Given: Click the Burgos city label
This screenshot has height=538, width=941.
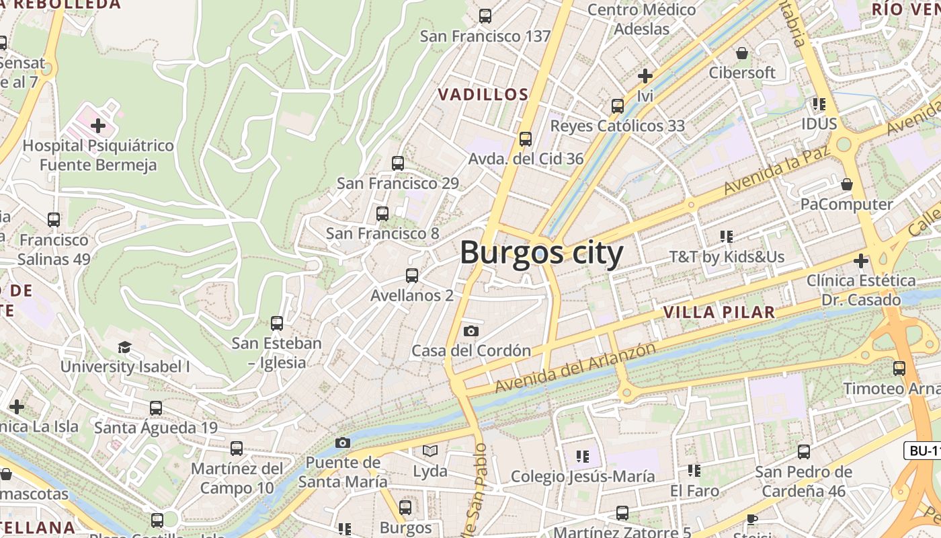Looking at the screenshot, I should (x=542, y=254).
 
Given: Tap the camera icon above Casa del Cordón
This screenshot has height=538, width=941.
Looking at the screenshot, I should (x=471, y=331).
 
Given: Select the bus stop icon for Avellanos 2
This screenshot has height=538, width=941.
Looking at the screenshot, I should (x=412, y=275).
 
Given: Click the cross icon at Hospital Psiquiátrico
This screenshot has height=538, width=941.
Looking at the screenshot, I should (x=98, y=126).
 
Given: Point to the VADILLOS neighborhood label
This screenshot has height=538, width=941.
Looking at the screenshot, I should (x=483, y=95).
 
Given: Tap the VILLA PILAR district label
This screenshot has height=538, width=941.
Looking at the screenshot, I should (x=719, y=312).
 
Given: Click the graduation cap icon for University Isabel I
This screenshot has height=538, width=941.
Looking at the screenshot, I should (x=124, y=347).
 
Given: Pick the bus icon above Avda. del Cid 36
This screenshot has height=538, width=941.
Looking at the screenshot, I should (x=526, y=139).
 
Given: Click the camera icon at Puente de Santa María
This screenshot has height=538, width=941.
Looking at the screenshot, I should (x=343, y=443).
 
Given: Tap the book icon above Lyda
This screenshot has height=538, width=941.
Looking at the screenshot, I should (x=430, y=451).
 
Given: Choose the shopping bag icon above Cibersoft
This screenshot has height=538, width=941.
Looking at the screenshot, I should (x=742, y=53).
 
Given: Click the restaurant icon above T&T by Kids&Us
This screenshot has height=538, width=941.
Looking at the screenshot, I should (x=727, y=237).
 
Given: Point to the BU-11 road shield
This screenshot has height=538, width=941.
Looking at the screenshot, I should (x=924, y=451).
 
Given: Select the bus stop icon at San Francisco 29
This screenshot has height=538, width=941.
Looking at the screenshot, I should (x=398, y=163).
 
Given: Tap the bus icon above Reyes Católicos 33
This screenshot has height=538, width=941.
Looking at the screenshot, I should (x=618, y=106).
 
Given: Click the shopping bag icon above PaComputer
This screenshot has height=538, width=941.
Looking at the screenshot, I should (x=847, y=184).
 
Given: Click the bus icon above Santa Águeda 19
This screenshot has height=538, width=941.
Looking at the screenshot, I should (x=156, y=408).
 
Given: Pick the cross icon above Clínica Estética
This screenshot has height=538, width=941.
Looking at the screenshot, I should (x=861, y=260).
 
